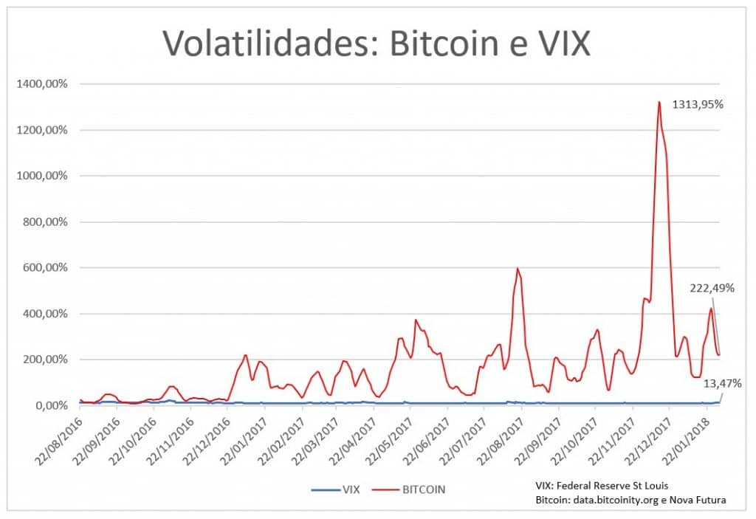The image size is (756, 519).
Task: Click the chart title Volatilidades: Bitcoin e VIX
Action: [377, 43]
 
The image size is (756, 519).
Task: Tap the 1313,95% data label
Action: [697, 105]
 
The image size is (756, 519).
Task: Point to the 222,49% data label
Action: [712, 288]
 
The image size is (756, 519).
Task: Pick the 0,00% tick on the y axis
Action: [49, 405]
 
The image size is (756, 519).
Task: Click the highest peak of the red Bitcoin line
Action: [659, 102]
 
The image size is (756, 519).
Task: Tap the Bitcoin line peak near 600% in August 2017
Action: [518, 269]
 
